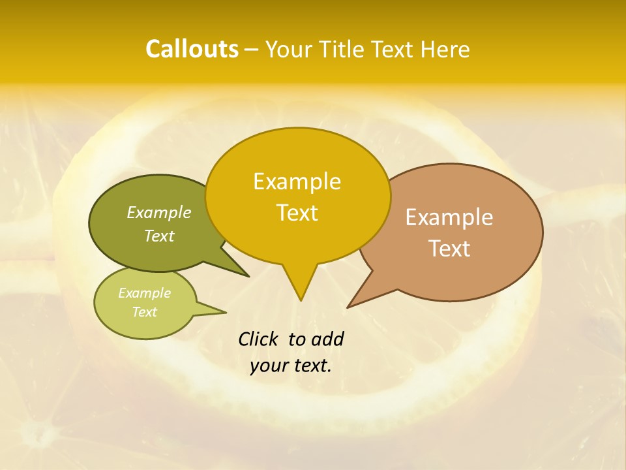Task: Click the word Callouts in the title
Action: (192, 49)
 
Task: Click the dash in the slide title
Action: (252, 50)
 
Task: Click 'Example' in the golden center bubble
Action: (297, 181)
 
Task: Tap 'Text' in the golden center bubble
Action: (297, 213)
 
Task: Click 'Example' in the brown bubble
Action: (449, 217)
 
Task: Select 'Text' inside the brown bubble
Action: (449, 249)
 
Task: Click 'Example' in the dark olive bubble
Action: (159, 213)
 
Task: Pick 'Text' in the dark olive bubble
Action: (159, 236)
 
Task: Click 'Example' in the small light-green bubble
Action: (144, 293)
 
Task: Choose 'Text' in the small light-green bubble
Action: (144, 312)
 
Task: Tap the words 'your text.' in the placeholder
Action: (290, 366)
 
